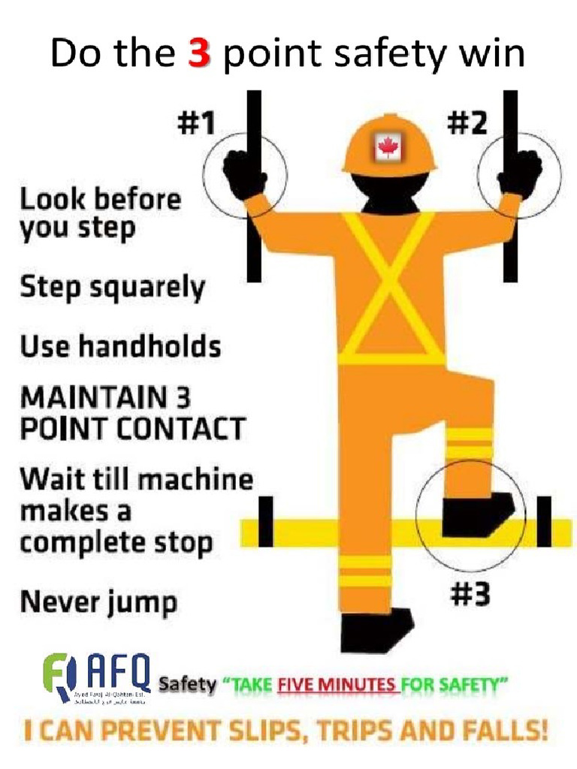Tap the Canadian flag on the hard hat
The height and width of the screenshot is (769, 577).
388,148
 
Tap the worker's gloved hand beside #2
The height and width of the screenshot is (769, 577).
521,172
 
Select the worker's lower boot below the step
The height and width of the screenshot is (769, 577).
376,629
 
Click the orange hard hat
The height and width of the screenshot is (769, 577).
389,143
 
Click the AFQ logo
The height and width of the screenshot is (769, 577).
98,675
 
